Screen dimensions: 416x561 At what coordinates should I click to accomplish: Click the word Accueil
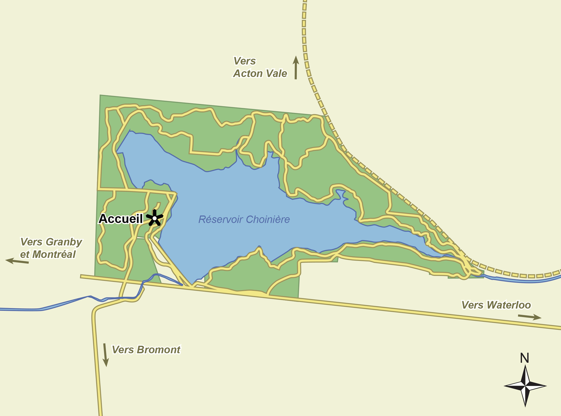(x=121, y=219)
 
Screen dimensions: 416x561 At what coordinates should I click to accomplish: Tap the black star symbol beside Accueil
(x=154, y=218)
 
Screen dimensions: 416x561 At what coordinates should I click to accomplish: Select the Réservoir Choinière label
(x=244, y=219)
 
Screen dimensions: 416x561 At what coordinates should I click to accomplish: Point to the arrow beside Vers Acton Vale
(x=296, y=68)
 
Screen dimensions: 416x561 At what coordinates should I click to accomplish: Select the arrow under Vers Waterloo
(x=529, y=317)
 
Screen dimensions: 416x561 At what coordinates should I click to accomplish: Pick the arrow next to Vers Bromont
(x=105, y=355)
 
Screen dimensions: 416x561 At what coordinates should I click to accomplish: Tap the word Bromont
(x=158, y=350)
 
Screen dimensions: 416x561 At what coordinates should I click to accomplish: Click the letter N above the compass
(x=525, y=358)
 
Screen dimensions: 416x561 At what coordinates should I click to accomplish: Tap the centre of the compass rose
(x=525, y=385)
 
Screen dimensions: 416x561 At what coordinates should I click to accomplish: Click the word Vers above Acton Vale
(x=244, y=61)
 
